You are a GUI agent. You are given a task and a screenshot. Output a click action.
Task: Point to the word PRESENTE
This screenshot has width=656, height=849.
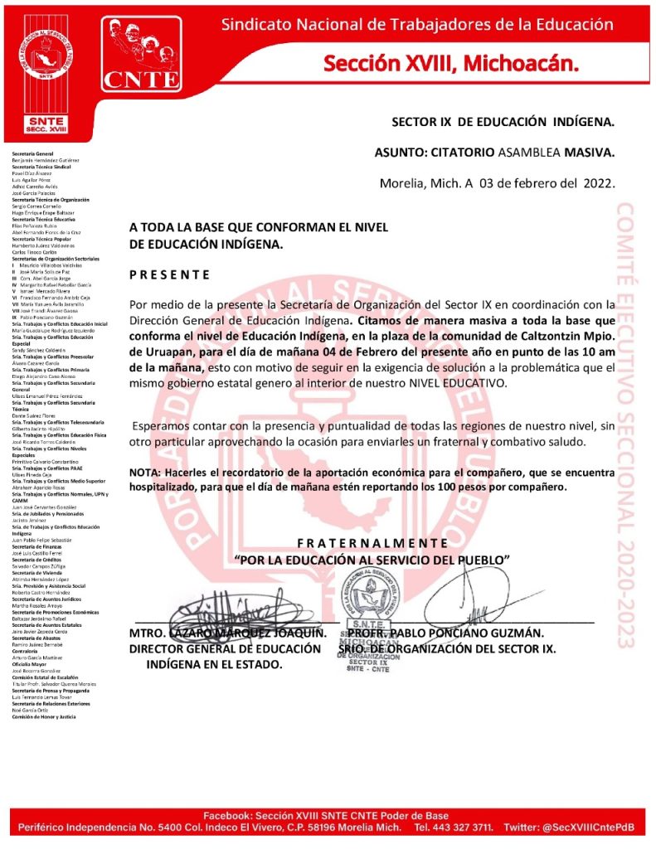(170, 274)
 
